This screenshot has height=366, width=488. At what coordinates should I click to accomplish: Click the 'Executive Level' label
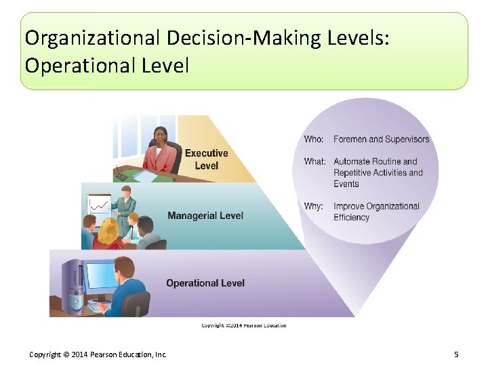[206, 159]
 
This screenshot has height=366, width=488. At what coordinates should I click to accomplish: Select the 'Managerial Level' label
[205, 216]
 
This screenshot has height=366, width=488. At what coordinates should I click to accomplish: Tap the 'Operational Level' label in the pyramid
[205, 283]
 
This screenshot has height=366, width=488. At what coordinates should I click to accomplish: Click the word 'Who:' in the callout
[314, 140]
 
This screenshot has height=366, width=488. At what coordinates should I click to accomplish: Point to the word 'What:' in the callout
[314, 162]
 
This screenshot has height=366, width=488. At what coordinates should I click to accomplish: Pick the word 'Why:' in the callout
[313, 207]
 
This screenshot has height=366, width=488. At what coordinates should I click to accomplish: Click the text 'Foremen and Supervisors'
[382, 140]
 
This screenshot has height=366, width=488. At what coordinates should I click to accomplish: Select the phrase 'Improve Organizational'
[377, 207]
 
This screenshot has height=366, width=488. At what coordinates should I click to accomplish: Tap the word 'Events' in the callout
[346, 184]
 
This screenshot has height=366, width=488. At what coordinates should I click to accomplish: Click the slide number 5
[457, 354]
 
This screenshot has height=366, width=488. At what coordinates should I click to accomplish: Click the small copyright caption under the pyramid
[243, 325]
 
